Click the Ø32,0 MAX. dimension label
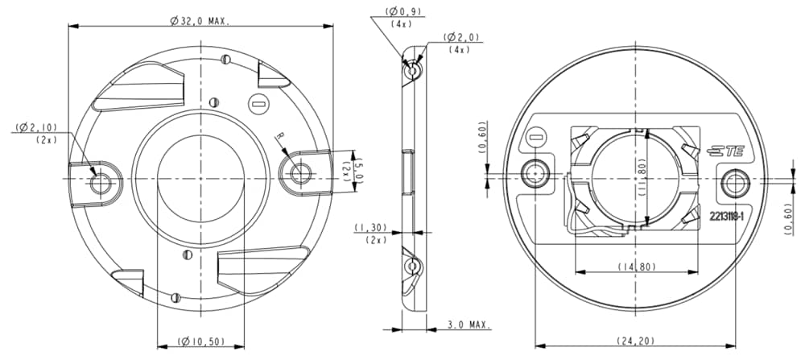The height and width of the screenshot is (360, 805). [x=200, y=21]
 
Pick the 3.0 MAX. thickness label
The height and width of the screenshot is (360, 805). [x=469, y=325]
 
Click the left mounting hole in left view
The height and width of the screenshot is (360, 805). [x=101, y=182]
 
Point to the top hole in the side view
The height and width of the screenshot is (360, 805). [x=413, y=71]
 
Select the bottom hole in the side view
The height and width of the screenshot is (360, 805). [x=412, y=266]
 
